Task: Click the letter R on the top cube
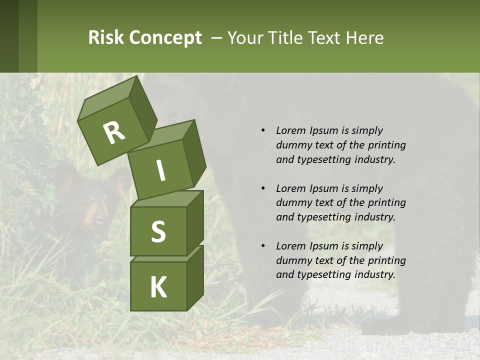pos(114,132)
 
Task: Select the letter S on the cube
pos(158,231)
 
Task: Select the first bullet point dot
pos(263,131)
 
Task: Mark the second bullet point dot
pos(263,188)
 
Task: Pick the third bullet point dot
pos(263,246)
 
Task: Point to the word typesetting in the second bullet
pos(319,217)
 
